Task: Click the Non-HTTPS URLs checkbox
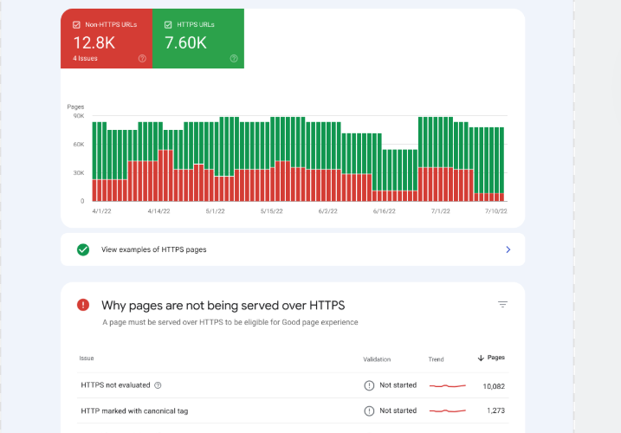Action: tap(76, 25)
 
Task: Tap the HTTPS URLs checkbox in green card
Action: tap(168, 25)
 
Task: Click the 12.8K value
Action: tap(93, 42)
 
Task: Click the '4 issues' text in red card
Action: tap(86, 59)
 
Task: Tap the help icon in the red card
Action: tap(142, 59)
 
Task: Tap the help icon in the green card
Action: tap(234, 59)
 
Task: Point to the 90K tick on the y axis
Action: tap(78, 115)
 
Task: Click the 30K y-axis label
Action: tap(78, 173)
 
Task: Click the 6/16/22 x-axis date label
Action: tap(385, 210)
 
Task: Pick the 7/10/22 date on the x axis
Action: tap(495, 210)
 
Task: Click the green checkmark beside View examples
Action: tap(83, 249)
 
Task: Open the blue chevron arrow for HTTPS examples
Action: tap(508, 249)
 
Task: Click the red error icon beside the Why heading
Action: tap(83, 305)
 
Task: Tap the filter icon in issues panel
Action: tap(502, 305)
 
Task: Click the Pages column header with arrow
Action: tap(491, 358)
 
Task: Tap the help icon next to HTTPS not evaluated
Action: tap(158, 385)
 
